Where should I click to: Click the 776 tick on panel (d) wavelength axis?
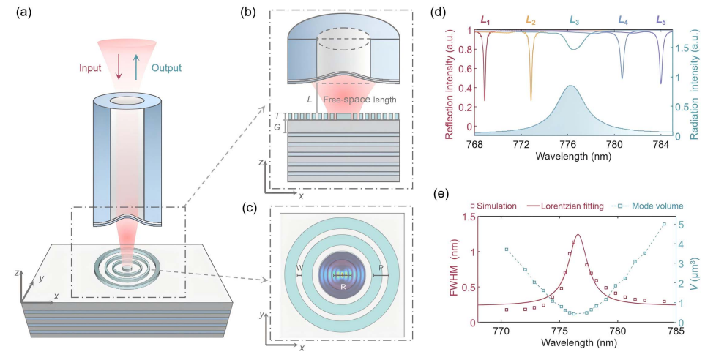click(x=568, y=146)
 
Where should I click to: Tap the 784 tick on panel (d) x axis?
click(x=661, y=146)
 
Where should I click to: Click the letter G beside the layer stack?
click(x=276, y=127)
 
